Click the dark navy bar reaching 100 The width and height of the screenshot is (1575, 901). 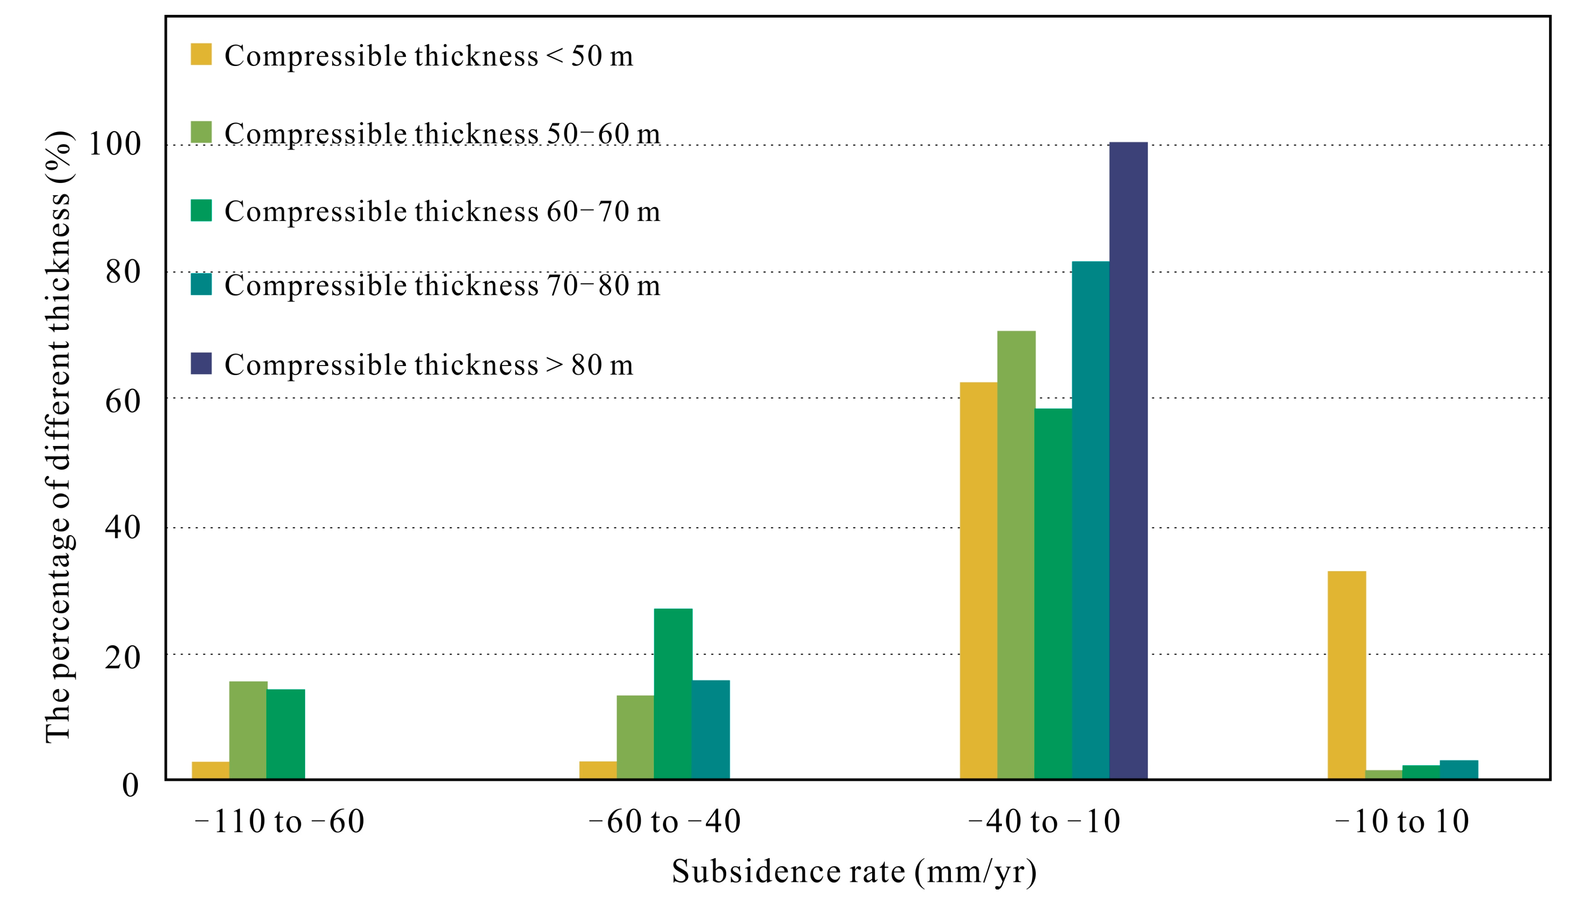(1128, 461)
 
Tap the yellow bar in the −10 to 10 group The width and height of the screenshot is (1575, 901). (1347, 675)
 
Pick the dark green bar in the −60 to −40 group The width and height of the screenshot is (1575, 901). (673, 694)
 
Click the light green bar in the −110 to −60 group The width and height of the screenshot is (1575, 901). (248, 730)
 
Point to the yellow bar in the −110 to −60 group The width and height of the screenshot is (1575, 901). (210, 770)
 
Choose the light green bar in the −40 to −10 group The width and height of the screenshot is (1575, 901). (1016, 555)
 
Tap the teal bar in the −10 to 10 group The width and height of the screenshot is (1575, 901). (1459, 770)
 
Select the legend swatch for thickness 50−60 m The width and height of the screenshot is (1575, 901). (201, 132)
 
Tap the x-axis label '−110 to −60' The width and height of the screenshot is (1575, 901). (280, 822)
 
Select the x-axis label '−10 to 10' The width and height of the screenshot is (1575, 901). (1402, 822)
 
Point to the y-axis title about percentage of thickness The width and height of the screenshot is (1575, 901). (60, 437)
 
